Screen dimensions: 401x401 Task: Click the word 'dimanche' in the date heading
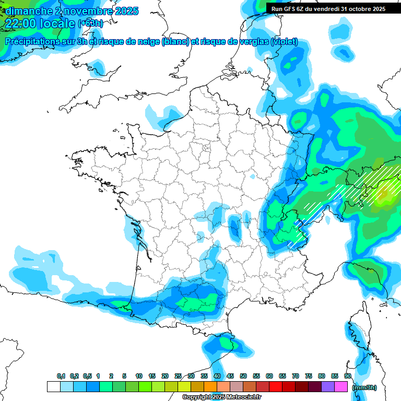pyautogui.click(x=27, y=10)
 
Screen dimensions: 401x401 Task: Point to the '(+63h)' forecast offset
pyautogui.click(x=90, y=23)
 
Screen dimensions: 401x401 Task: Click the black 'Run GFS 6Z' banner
pyautogui.click(x=328, y=9)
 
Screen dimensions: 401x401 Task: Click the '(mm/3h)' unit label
pyautogui.click(x=364, y=387)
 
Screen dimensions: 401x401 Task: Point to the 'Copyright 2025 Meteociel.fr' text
pyautogui.click(x=222, y=397)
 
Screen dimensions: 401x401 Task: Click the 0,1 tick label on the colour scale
pyautogui.click(x=61, y=376)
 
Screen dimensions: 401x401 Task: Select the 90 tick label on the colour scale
pyautogui.click(x=347, y=376)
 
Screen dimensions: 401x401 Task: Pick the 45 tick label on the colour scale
pyautogui.click(x=230, y=376)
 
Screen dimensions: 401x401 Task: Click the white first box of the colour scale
pyautogui.click(x=53, y=387)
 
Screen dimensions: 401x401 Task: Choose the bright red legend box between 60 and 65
pyautogui.click(x=276, y=387)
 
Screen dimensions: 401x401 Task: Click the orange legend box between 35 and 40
pyautogui.click(x=210, y=387)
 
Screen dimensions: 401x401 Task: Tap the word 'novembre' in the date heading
pyautogui.click(x=84, y=10)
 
